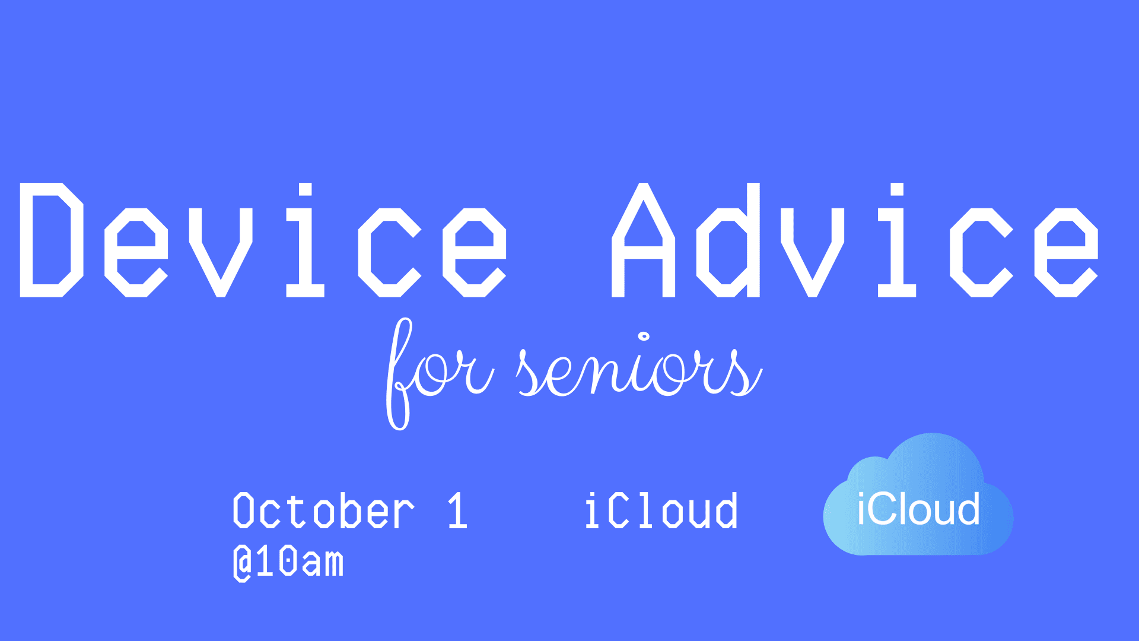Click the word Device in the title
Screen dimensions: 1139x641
(263, 240)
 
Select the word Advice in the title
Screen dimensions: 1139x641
(855, 240)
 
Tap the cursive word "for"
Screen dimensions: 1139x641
(440, 374)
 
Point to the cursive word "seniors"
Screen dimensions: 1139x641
(640, 365)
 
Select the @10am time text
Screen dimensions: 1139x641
(288, 562)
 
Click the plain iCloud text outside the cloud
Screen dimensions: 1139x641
(661, 510)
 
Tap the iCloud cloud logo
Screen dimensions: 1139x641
(918, 494)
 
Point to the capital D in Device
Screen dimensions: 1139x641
(52, 240)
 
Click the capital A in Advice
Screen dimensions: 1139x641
(643, 240)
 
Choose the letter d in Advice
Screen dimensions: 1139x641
(728, 240)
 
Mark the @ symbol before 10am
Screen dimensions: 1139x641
(242, 563)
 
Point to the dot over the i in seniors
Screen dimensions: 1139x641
(644, 337)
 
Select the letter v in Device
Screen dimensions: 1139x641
(221, 252)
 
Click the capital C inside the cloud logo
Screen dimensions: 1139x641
(888, 509)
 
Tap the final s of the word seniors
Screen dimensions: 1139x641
(746, 372)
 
